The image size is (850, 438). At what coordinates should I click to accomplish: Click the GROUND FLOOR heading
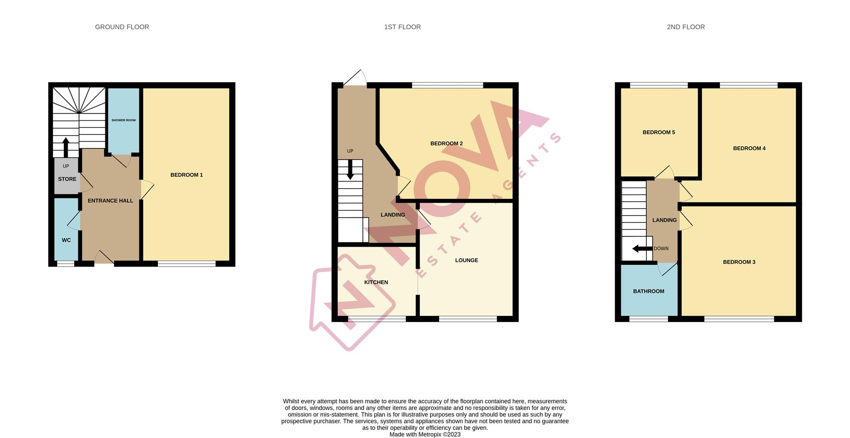[122, 27]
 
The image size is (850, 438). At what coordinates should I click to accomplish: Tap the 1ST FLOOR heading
[402, 27]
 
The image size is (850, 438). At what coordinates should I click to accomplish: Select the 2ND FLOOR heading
[685, 27]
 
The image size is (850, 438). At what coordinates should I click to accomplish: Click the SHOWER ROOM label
[124, 120]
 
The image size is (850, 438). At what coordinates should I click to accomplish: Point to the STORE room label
[67, 179]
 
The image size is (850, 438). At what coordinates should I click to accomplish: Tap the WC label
[66, 240]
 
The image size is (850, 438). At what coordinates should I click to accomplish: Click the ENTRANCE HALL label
[110, 201]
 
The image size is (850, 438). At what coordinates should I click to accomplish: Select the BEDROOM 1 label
[186, 175]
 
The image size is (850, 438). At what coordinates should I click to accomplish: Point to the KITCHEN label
[376, 282]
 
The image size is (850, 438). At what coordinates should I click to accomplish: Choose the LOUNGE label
[466, 260]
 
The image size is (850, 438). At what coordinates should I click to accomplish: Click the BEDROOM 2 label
[446, 143]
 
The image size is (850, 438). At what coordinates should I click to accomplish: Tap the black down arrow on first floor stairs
[350, 170]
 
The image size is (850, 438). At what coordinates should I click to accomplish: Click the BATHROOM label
[648, 291]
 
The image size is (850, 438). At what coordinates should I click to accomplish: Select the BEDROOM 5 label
[658, 132]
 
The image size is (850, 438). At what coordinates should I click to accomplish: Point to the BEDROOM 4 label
[749, 148]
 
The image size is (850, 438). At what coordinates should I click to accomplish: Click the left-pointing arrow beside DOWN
[641, 248]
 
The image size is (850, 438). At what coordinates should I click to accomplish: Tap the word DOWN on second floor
[661, 248]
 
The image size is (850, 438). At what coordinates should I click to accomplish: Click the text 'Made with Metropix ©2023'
[425, 434]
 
